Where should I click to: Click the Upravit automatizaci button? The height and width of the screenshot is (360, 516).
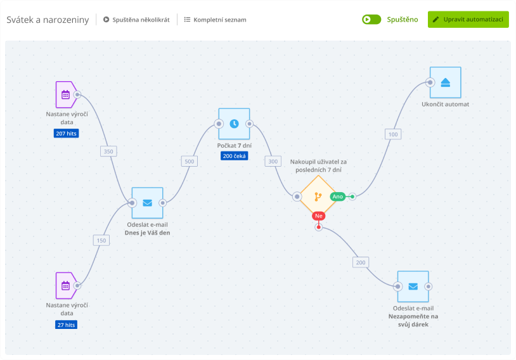coord(468,19)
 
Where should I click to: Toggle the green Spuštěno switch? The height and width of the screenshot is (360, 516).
coord(371,19)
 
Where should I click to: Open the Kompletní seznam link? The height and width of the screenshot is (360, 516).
coord(215,20)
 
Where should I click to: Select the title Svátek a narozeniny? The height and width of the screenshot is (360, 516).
coord(48,19)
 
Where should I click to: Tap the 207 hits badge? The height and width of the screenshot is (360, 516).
coord(67,134)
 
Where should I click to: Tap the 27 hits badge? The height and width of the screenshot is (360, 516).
coord(67,325)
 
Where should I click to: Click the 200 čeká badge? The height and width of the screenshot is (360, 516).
coord(234,156)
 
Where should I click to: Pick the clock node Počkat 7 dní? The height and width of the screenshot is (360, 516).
coord(234,124)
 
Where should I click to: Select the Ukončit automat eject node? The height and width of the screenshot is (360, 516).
coord(445,82)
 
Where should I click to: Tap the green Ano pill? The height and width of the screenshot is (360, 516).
coord(337,196)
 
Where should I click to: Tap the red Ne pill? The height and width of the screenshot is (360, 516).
coord(319,216)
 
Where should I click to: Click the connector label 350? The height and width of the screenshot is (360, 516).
coord(108,151)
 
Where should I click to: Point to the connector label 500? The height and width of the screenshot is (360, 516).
coord(190,161)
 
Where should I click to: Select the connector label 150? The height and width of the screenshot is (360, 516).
coord(101,240)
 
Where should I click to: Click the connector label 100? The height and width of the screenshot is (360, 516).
coord(393,134)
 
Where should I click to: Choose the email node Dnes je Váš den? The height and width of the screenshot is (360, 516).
coord(147,203)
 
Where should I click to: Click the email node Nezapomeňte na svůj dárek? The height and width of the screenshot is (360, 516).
coord(413,286)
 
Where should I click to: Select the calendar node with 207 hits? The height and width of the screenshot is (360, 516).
coord(65,95)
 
